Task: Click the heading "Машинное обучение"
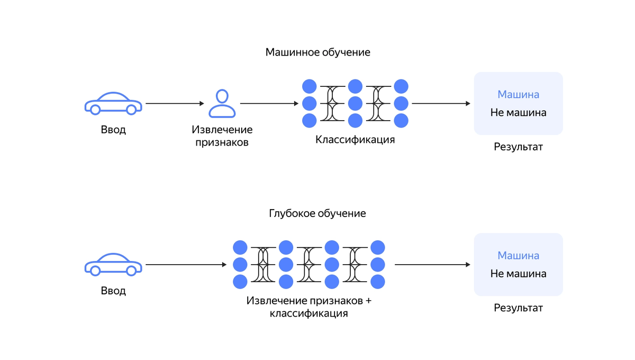pyautogui.click(x=317, y=52)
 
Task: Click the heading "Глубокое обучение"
pyautogui.click(x=317, y=213)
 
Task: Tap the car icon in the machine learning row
pyautogui.click(x=113, y=104)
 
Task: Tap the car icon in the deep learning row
pyautogui.click(x=113, y=265)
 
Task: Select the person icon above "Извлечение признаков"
pyautogui.click(x=222, y=103)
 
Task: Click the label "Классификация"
pyautogui.click(x=355, y=140)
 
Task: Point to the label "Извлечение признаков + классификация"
pyautogui.click(x=309, y=307)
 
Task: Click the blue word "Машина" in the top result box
pyautogui.click(x=518, y=95)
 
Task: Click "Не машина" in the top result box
pyautogui.click(x=518, y=113)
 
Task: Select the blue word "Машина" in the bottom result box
pyautogui.click(x=518, y=256)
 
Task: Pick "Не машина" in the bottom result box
pyautogui.click(x=518, y=274)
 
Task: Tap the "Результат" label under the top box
pyautogui.click(x=518, y=147)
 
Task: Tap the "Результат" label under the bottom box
pyautogui.click(x=518, y=308)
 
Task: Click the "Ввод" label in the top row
pyautogui.click(x=113, y=130)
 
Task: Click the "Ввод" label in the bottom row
pyautogui.click(x=113, y=291)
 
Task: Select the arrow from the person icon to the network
pyautogui.click(x=269, y=104)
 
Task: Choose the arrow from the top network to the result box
pyautogui.click(x=441, y=104)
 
